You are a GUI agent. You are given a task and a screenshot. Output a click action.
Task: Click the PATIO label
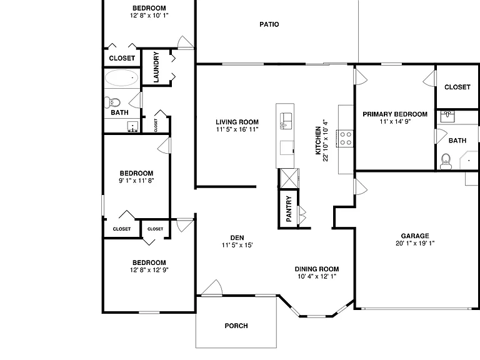(x=269, y=24)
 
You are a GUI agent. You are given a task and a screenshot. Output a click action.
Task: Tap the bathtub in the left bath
(x=121, y=77)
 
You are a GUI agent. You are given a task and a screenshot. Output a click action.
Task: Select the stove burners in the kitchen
(x=346, y=138)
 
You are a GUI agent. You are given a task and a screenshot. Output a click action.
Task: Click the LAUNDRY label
(x=156, y=67)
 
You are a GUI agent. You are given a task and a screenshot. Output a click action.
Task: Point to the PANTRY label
(x=289, y=209)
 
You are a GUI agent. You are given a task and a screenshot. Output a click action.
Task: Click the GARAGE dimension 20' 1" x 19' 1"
(x=415, y=243)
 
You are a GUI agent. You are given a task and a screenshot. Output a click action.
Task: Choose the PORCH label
(x=236, y=326)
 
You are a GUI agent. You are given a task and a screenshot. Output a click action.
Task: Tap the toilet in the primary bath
(x=446, y=162)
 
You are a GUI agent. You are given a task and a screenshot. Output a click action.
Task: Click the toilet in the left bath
(x=112, y=102)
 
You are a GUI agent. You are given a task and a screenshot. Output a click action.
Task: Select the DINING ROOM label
(x=316, y=269)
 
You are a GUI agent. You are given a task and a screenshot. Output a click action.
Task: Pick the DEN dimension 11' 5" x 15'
(x=237, y=245)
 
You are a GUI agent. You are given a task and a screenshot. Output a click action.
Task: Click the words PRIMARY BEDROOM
(x=395, y=114)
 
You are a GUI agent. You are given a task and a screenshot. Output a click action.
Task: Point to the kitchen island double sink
(x=286, y=121)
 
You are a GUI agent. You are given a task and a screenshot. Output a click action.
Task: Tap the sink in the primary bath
(x=447, y=117)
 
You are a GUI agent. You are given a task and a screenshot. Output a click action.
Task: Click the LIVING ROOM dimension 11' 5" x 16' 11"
(x=237, y=129)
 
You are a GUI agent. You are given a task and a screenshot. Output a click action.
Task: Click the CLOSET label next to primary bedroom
(x=457, y=87)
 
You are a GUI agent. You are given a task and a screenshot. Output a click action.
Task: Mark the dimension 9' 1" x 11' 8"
(x=136, y=181)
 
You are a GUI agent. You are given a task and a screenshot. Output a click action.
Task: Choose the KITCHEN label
(x=318, y=141)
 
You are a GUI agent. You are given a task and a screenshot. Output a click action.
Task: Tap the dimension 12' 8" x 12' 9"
(x=149, y=270)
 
